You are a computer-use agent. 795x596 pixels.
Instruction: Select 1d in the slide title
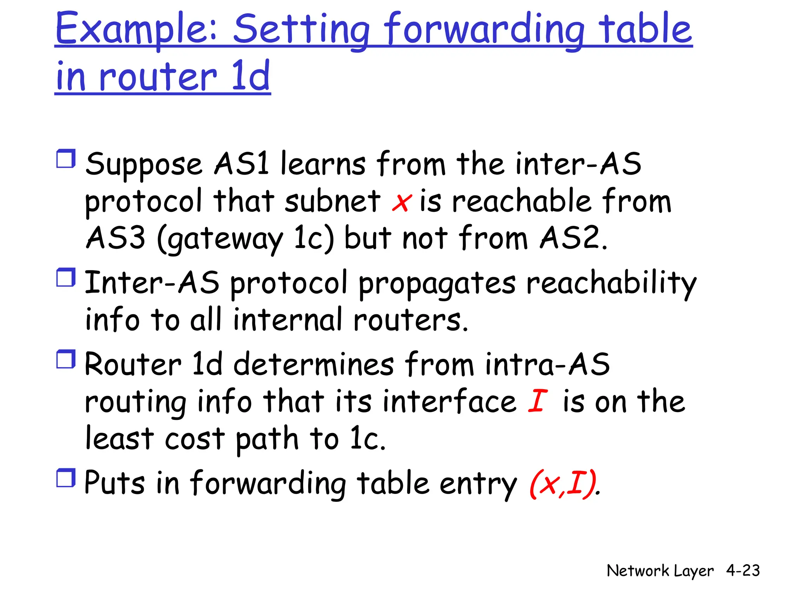coord(250,76)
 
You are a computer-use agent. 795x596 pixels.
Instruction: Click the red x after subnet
coord(401,203)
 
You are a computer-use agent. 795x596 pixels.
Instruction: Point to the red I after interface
coord(538,401)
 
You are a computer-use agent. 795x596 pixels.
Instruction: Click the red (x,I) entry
coord(563,483)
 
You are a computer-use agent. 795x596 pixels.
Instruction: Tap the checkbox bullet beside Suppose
coord(66,159)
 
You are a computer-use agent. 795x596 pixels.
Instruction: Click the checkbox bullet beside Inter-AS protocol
coord(66,278)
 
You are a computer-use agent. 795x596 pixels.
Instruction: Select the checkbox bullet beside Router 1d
coord(66,359)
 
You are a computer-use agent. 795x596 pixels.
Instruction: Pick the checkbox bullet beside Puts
coord(66,478)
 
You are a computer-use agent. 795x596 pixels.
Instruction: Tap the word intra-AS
coord(547,365)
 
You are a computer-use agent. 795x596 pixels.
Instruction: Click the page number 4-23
coord(743,571)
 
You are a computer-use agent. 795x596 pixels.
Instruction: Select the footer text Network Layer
coord(660,571)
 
